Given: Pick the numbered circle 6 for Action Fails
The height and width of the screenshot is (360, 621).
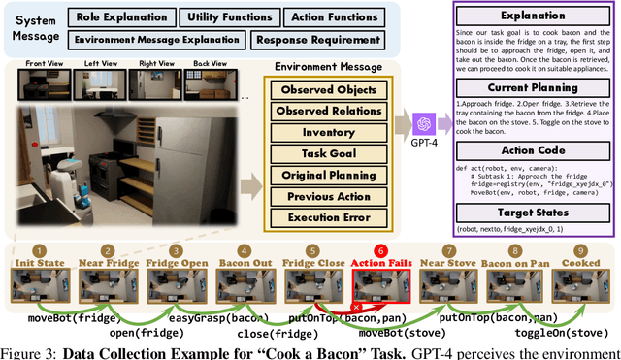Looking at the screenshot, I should pyautogui.click(x=379, y=249).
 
